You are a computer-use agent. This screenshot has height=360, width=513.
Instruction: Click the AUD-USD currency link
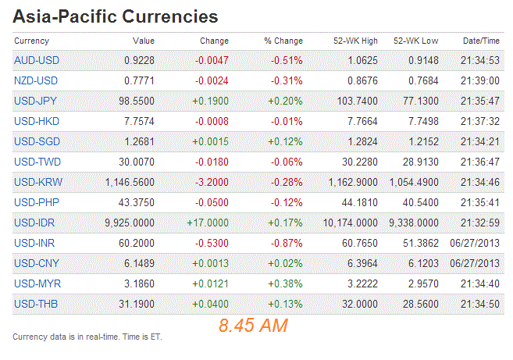[37, 60]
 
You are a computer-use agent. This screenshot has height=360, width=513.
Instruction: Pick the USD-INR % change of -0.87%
[286, 243]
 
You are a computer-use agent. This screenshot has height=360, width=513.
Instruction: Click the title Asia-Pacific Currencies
[116, 16]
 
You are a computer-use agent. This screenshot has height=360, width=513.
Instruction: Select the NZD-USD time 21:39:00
[479, 80]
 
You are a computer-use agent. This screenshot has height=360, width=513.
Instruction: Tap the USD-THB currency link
[36, 304]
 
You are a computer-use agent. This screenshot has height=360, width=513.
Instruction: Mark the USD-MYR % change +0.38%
[285, 283]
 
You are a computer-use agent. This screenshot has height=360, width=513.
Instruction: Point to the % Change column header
[283, 40]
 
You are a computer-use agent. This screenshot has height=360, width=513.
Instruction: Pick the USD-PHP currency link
[36, 202]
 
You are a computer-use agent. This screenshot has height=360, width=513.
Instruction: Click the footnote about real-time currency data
[87, 337]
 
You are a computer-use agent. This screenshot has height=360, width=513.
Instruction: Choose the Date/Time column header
[481, 40]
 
